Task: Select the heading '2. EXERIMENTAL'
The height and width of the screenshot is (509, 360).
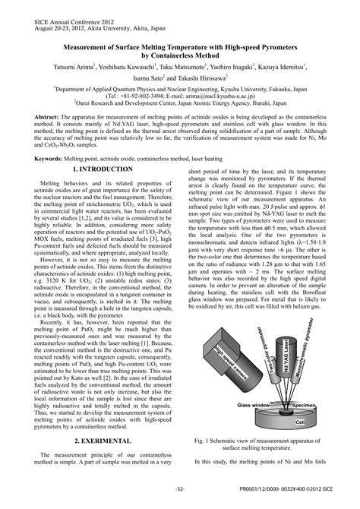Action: point(96,441)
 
